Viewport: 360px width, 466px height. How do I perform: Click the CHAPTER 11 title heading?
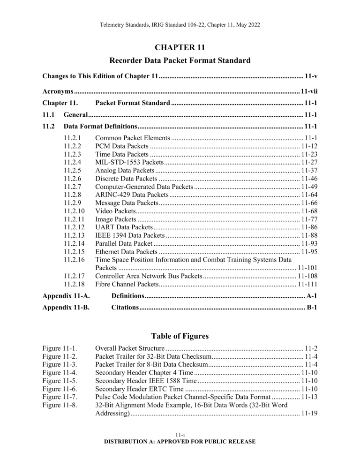(x=180, y=45)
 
